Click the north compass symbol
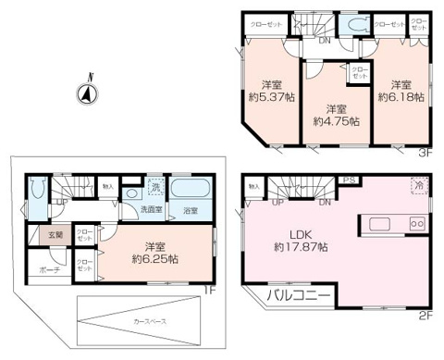[85, 93]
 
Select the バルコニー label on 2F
[298, 296]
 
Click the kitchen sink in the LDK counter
[381, 224]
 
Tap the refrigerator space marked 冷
[420, 185]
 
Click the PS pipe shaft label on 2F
[349, 181]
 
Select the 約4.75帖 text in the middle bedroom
[335, 120]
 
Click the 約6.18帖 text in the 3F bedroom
[400, 94]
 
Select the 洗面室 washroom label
[152, 210]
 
